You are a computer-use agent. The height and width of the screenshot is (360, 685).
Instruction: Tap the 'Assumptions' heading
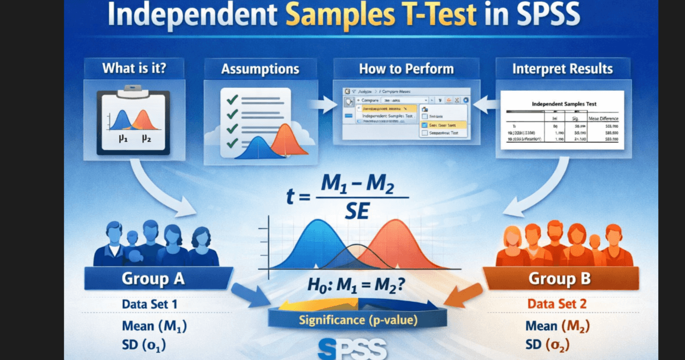[x=260, y=70]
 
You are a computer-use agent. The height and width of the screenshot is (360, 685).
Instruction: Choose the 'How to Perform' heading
[x=406, y=70]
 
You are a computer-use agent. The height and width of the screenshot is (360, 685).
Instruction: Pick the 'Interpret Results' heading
[x=562, y=70]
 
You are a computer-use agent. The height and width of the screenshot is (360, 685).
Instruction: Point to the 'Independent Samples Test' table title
[x=564, y=105]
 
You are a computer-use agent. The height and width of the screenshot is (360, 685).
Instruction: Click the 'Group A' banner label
[x=153, y=279]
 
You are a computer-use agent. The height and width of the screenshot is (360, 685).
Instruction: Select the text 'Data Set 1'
[x=149, y=304]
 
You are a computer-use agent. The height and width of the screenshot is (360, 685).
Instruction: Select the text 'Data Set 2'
[x=557, y=304]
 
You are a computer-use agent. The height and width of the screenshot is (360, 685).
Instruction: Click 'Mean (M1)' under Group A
[x=155, y=326]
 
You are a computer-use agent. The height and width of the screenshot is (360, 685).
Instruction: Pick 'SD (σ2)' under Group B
[x=556, y=345]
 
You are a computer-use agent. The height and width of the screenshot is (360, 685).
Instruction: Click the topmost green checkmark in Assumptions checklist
[x=232, y=99]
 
